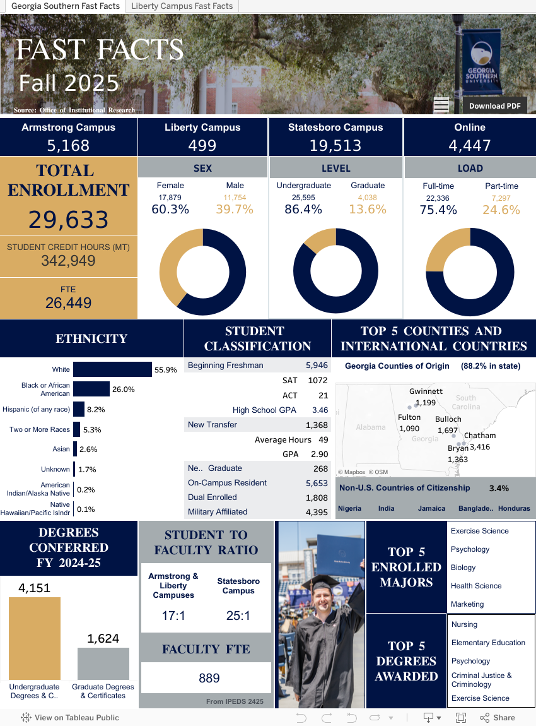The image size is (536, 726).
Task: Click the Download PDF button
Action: click(494, 105)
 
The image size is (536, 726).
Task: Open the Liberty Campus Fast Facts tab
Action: click(182, 6)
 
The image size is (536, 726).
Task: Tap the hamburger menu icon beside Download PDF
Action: click(441, 105)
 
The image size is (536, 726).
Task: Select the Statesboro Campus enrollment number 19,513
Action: click(335, 146)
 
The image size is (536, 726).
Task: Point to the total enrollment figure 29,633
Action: click(69, 220)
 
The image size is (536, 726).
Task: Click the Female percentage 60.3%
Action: click(170, 210)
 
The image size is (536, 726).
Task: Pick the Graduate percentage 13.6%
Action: click(368, 210)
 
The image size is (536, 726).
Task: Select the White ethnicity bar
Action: click(112, 370)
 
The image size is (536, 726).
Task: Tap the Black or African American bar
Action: click(91, 390)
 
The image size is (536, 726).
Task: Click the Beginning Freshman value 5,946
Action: click(317, 366)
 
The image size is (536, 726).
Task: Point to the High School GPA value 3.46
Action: click(320, 410)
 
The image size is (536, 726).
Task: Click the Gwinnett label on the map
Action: click(426, 391)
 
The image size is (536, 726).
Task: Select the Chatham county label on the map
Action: click(480, 436)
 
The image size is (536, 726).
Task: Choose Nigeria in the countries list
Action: click(350, 508)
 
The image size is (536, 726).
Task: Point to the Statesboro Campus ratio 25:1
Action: click(238, 616)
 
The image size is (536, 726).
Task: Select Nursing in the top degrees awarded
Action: click(465, 624)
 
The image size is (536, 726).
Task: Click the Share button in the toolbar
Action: click(498, 718)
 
